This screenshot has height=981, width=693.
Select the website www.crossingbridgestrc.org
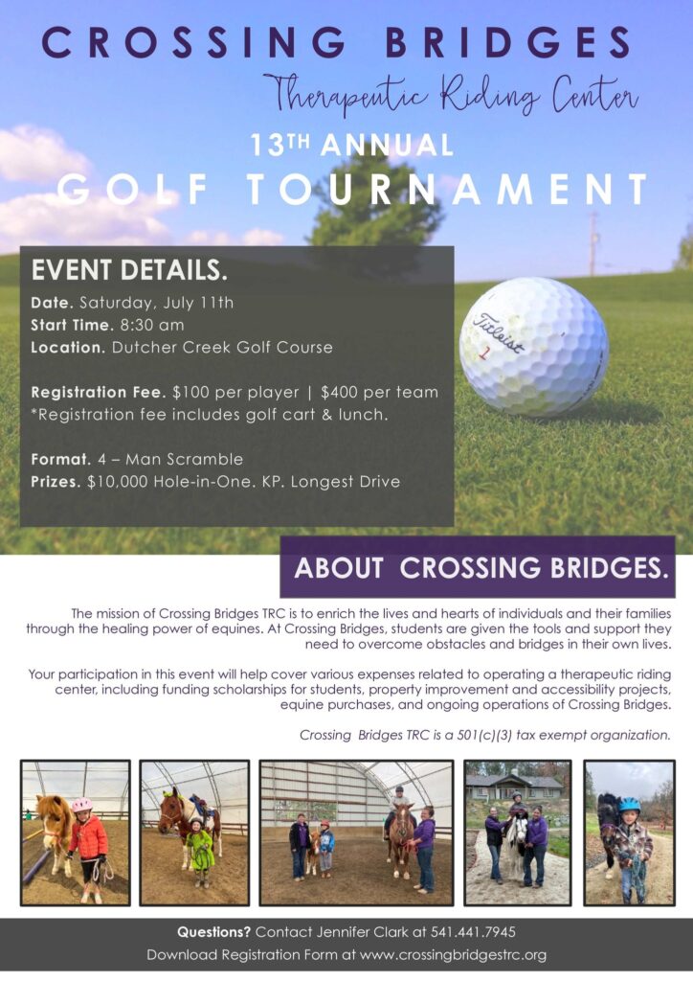point(454,955)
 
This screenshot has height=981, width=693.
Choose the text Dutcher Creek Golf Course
point(222,347)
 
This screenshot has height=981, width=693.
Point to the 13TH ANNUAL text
point(351,146)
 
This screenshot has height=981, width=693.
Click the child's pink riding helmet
point(81,805)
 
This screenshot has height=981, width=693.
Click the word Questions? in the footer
point(214,932)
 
